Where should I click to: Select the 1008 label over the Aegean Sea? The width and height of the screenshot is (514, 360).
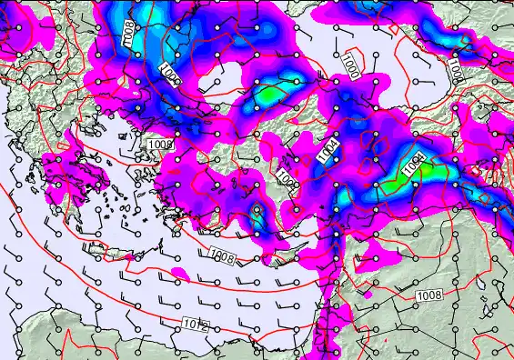click(160, 144)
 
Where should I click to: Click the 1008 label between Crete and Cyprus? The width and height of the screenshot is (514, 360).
click(222, 255)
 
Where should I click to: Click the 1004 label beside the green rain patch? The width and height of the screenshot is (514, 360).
click(414, 166)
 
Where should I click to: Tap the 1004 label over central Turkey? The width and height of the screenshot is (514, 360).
click(331, 150)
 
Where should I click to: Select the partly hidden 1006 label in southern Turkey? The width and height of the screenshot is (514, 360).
click(285, 179)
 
